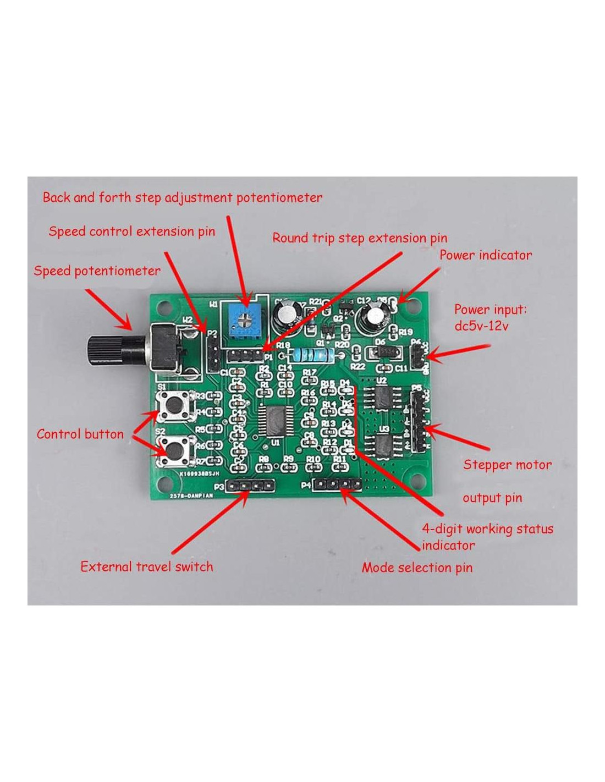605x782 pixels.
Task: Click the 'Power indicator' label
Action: [x=485, y=255]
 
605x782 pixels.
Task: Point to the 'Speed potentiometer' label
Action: [x=97, y=271]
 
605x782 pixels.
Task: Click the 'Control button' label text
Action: [x=80, y=434]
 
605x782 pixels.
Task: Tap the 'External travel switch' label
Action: [x=147, y=567]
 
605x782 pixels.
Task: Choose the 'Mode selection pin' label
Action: [x=417, y=568]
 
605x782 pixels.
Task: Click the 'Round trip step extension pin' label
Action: [x=360, y=238]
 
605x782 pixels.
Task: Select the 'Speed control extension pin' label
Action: [x=131, y=232]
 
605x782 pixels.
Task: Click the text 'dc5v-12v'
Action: [x=481, y=326]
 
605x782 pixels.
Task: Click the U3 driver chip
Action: [x=384, y=444]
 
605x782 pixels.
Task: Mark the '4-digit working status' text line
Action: [x=487, y=529]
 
